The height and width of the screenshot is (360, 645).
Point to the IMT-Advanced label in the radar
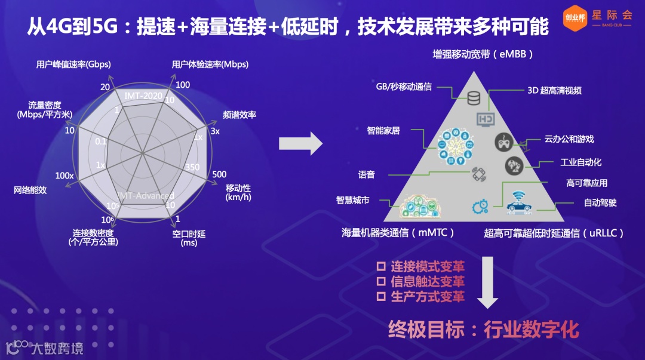pyautogui.click(x=145, y=196)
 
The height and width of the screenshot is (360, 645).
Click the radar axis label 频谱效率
pyautogui.click(x=239, y=115)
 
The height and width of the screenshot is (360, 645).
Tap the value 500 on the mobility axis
pyautogui.click(x=219, y=174)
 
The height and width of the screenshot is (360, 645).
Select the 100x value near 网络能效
pyautogui.click(x=64, y=176)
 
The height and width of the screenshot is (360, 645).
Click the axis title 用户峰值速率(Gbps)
pyautogui.click(x=73, y=64)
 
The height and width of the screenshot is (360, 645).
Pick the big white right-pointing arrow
pyautogui.click(x=301, y=144)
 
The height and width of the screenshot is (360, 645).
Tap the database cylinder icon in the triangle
pyautogui.click(x=474, y=97)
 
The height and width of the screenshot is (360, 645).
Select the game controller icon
pyautogui.click(x=503, y=141)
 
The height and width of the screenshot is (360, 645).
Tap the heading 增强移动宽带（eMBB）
pyautogui.click(x=483, y=54)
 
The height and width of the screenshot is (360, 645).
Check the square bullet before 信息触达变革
pyautogui.click(x=380, y=281)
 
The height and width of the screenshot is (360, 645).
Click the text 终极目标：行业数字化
pyautogui.click(x=483, y=328)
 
